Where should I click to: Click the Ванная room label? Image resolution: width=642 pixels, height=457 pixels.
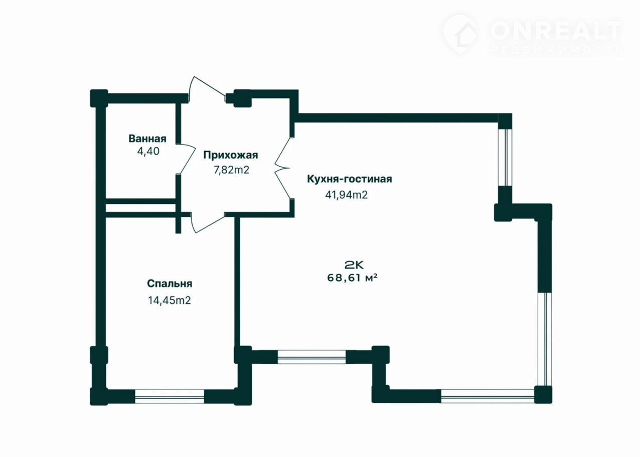point(147,139)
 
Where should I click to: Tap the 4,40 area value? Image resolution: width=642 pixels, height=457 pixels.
point(148,151)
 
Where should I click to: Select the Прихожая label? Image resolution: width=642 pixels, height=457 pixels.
point(231,155)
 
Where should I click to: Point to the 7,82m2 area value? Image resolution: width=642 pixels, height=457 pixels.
point(231,170)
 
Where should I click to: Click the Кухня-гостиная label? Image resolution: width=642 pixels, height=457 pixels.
point(350,179)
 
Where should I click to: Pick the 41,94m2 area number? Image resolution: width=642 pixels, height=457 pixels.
point(346,195)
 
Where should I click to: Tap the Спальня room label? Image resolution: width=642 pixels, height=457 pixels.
point(170,284)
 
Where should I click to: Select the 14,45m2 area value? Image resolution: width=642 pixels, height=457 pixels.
point(170,300)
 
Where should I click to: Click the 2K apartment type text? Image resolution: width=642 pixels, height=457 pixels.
point(354,265)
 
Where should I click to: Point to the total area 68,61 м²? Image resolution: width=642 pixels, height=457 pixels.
point(352,278)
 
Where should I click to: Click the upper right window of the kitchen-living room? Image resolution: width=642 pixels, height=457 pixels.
point(505,157)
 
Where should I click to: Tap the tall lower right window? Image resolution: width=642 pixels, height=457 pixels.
point(544,339)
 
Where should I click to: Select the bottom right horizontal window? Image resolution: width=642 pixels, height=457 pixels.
point(488,396)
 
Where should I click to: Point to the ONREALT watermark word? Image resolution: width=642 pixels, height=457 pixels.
point(556,31)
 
